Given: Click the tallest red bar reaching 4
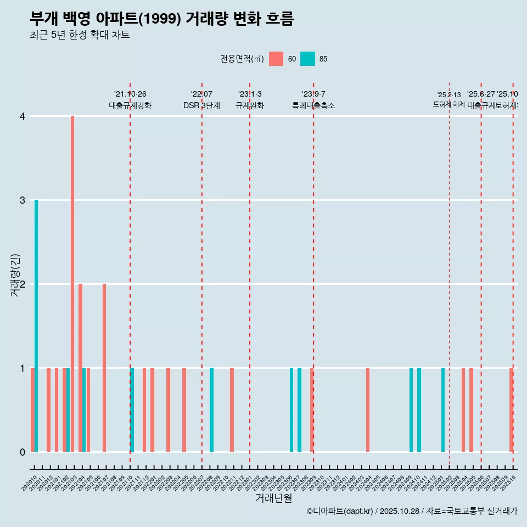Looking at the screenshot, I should click(x=72, y=283).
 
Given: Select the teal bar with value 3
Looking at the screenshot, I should click(x=36, y=326).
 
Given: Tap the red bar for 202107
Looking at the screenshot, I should click(x=104, y=368).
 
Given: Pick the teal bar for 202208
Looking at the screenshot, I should click(x=212, y=410).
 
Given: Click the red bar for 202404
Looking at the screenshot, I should click(x=368, y=410).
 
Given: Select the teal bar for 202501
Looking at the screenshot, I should click(x=443, y=410).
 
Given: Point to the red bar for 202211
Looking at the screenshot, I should click(x=232, y=410).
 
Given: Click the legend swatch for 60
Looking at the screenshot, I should click(x=276, y=59).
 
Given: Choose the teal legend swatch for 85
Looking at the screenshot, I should click(x=308, y=59).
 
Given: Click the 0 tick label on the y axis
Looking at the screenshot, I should click(x=23, y=452).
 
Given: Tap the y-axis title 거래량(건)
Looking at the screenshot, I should click(x=15, y=276).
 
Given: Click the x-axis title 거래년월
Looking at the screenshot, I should click(x=273, y=498).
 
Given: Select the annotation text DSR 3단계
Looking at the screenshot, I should click(x=201, y=106).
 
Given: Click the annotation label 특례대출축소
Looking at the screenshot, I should click(x=313, y=106).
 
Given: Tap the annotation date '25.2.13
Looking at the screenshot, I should click(x=449, y=95).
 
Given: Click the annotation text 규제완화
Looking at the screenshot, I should click(x=250, y=106).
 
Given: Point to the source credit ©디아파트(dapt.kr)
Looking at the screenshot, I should click(x=340, y=511).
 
